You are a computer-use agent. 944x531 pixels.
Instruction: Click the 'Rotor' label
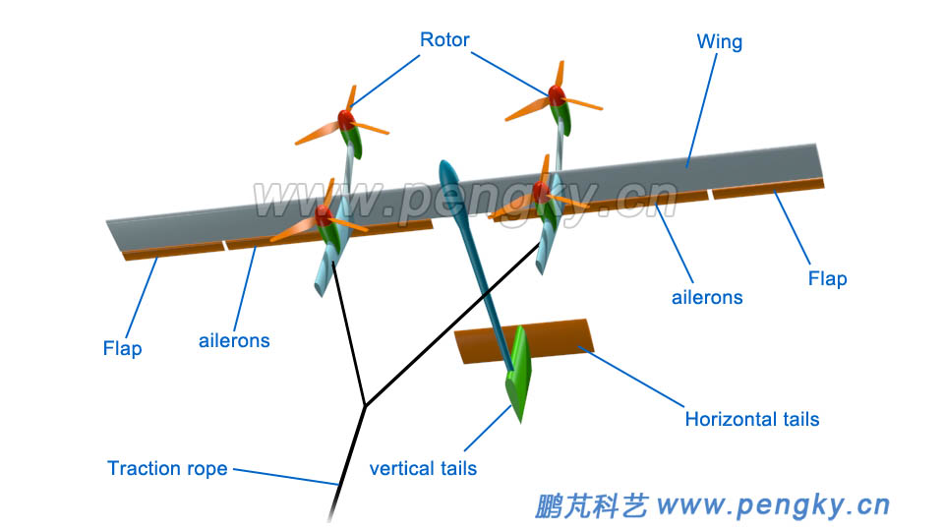click(444, 40)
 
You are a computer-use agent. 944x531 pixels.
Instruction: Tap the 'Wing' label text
click(719, 42)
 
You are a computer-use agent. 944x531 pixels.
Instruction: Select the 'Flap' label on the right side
click(827, 278)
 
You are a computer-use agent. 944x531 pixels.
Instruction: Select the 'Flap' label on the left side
click(122, 348)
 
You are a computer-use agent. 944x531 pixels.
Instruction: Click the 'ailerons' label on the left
click(234, 341)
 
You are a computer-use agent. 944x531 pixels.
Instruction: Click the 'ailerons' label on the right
click(707, 296)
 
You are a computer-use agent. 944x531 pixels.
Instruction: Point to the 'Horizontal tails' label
click(751, 419)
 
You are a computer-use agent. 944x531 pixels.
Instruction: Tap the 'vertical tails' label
click(423, 468)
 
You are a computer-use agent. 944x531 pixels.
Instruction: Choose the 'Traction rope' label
click(167, 468)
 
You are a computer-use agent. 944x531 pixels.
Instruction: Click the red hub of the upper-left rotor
click(346, 119)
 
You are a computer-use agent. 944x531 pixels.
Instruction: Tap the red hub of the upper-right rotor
click(556, 94)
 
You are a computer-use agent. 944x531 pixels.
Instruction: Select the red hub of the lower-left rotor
click(323, 215)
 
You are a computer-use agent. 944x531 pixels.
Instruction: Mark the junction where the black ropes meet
click(365, 405)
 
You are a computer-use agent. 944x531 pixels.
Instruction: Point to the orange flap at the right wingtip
click(768, 188)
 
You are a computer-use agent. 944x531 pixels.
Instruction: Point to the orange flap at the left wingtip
click(175, 251)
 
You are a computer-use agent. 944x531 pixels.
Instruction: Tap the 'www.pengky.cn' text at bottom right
click(773, 505)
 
